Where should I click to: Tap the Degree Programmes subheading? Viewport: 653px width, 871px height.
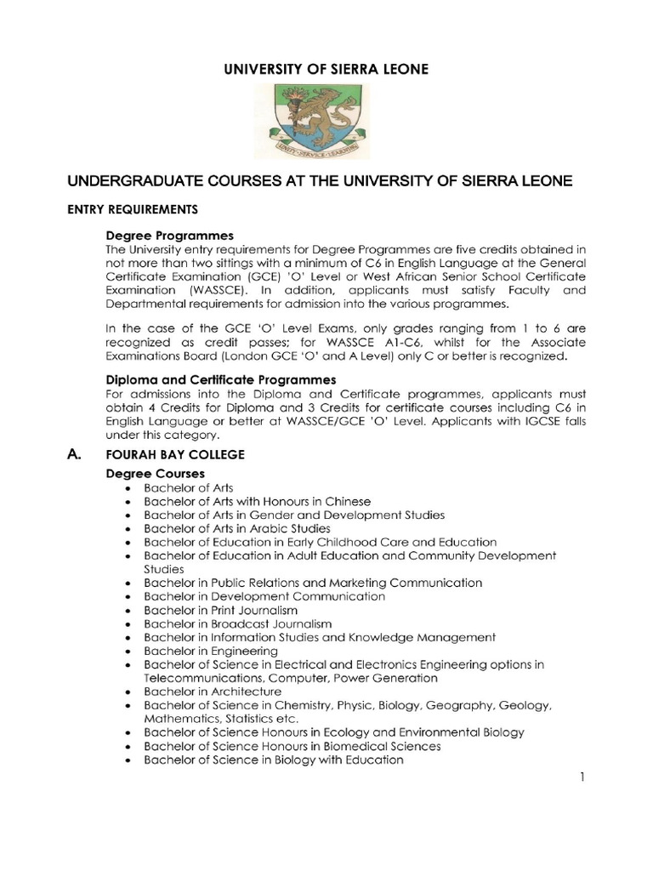point(169,235)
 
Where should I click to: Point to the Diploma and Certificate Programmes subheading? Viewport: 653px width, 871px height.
point(220,379)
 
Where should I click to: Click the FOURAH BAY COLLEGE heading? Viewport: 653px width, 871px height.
point(174,455)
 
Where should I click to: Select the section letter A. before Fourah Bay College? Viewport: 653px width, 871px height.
point(75,455)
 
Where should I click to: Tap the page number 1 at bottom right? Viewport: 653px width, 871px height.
point(583,777)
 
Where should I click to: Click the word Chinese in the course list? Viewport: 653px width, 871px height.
point(325,501)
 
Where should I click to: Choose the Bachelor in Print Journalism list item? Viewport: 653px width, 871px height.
point(220,610)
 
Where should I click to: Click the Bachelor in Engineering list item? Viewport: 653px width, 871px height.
point(210,651)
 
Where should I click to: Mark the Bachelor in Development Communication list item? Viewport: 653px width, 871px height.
point(264,596)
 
